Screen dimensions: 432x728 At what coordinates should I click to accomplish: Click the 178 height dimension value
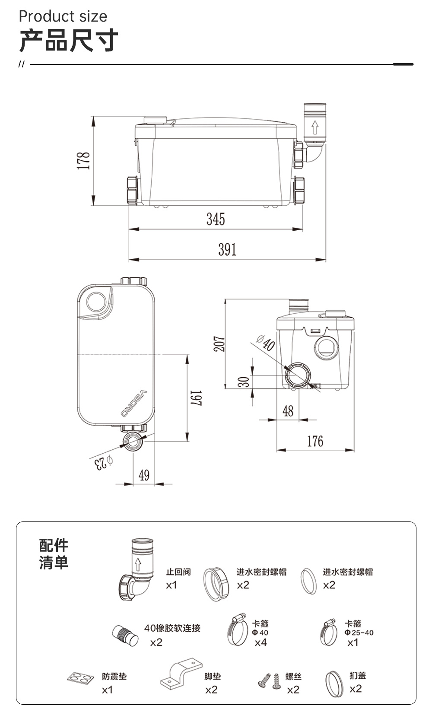click(83, 161)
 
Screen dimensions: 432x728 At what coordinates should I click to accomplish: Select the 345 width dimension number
click(216, 219)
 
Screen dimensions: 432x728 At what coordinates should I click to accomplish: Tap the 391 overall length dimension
click(227, 249)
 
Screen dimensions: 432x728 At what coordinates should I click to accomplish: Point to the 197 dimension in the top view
click(196, 398)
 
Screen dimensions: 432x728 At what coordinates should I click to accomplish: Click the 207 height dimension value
click(219, 344)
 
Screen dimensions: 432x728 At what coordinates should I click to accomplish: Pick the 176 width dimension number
click(315, 441)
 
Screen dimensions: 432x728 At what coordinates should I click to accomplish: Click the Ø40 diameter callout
click(266, 343)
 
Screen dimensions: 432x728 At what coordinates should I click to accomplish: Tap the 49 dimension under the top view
click(144, 475)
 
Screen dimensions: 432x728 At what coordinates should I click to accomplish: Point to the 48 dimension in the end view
click(288, 411)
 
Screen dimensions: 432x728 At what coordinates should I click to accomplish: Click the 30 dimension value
click(244, 381)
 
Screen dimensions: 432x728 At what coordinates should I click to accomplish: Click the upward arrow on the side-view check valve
click(314, 127)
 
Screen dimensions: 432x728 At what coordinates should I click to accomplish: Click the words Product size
click(63, 16)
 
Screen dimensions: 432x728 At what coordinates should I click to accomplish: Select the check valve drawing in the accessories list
click(136, 569)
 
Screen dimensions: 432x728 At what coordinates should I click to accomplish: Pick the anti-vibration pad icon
click(81, 677)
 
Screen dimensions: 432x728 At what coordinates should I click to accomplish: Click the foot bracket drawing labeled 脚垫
click(181, 673)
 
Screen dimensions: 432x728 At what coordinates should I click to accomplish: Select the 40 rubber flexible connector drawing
click(125, 636)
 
